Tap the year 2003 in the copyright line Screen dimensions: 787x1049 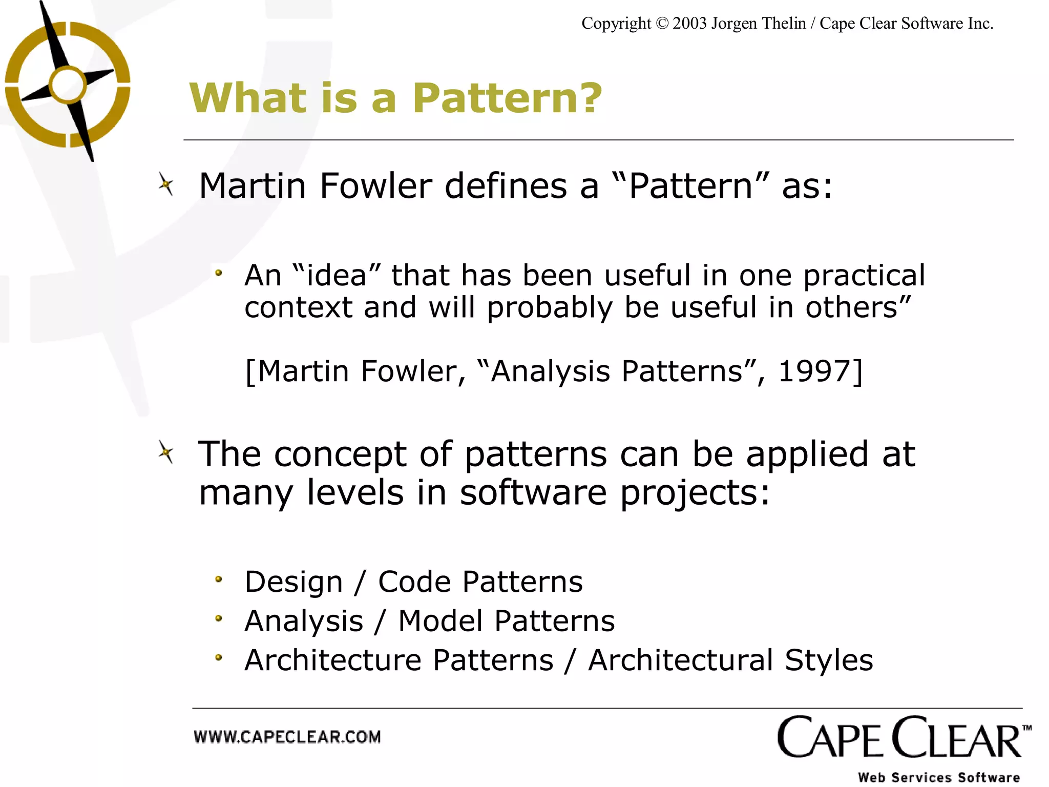click(689, 24)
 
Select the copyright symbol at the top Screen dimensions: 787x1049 click(662, 24)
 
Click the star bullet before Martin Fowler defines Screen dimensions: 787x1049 click(166, 184)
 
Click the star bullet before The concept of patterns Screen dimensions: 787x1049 click(166, 453)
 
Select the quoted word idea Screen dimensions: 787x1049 click(337, 275)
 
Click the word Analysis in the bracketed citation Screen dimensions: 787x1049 click(550, 371)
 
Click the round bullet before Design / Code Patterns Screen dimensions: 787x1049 click(219, 579)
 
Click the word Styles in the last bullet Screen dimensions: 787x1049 click(829, 660)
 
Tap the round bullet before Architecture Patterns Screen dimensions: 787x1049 click(219, 657)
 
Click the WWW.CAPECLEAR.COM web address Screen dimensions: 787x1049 click(287, 737)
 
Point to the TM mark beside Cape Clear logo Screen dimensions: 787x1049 click(1026, 728)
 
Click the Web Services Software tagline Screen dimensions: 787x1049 click(939, 777)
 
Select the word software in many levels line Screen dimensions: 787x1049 click(533, 493)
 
